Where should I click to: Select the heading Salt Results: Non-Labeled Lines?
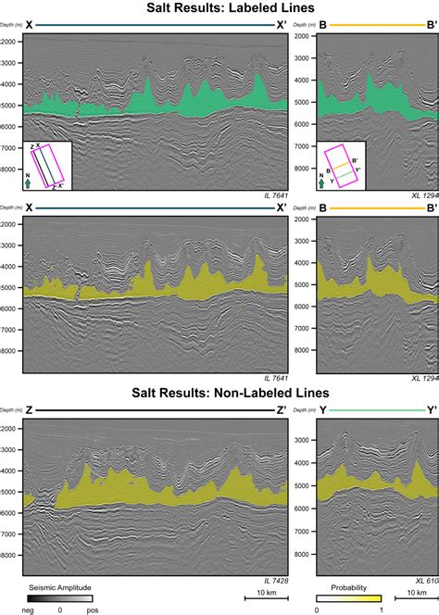pyautogui.click(x=219, y=394)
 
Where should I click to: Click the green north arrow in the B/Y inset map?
pyautogui.click(x=321, y=183)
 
